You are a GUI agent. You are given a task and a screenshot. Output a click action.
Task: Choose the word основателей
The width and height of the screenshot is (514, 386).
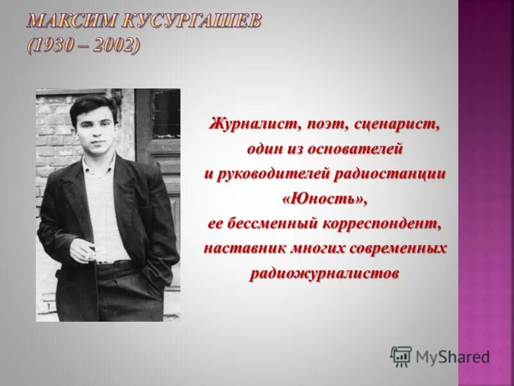(355, 149)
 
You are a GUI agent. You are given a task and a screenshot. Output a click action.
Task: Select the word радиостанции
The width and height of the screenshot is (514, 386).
(400, 174)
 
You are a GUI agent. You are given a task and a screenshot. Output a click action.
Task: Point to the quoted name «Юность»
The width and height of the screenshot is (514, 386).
(324, 199)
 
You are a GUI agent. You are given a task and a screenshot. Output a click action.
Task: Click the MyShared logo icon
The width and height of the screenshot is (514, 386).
(401, 356)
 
